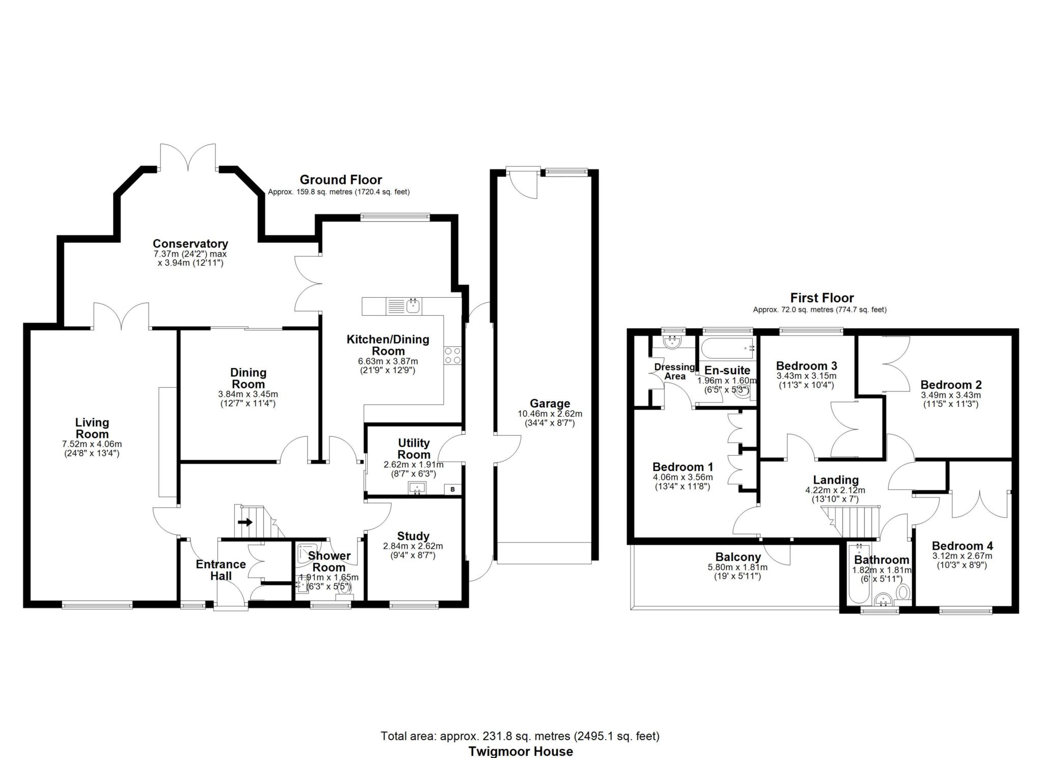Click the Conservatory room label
(x=190, y=244)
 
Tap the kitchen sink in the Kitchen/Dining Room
(x=413, y=306)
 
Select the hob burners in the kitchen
(x=453, y=355)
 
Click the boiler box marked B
(x=452, y=490)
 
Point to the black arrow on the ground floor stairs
(x=245, y=522)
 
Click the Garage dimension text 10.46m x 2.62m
(x=550, y=414)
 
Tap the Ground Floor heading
(x=341, y=180)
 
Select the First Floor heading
(x=822, y=298)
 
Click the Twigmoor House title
(x=521, y=751)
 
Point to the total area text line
(x=520, y=736)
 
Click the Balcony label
(x=738, y=557)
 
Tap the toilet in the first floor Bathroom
(x=903, y=592)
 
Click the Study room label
(x=413, y=536)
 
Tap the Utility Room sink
(x=417, y=489)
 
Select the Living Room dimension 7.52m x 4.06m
(x=92, y=444)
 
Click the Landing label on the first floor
(x=836, y=480)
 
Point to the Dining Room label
(x=248, y=378)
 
